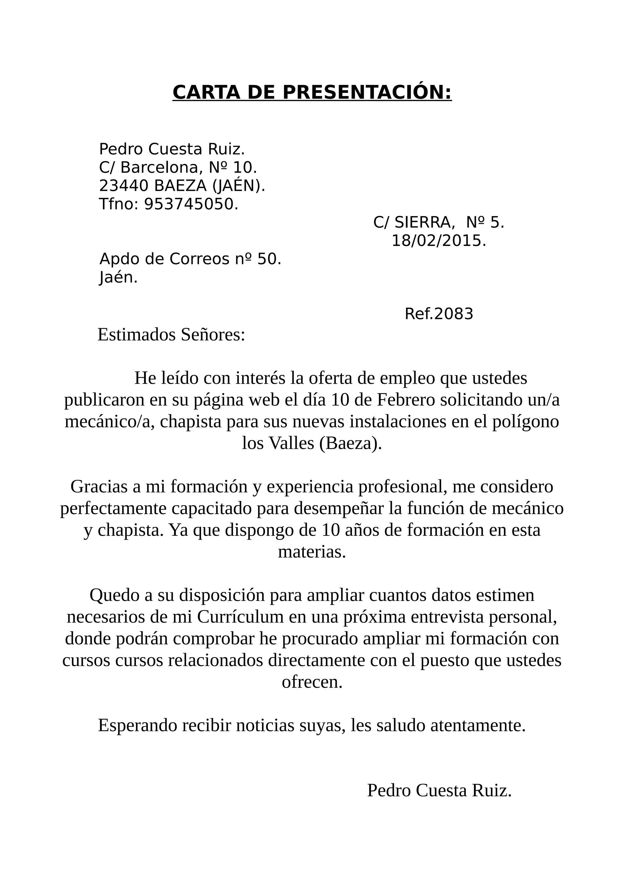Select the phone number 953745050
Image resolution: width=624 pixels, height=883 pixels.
(x=191, y=204)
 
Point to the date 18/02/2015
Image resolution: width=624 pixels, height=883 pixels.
(x=439, y=241)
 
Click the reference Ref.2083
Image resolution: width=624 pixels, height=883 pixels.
(x=439, y=314)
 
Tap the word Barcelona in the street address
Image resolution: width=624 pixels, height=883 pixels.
(x=161, y=167)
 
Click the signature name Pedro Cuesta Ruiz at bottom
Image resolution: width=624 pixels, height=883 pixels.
(x=439, y=790)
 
